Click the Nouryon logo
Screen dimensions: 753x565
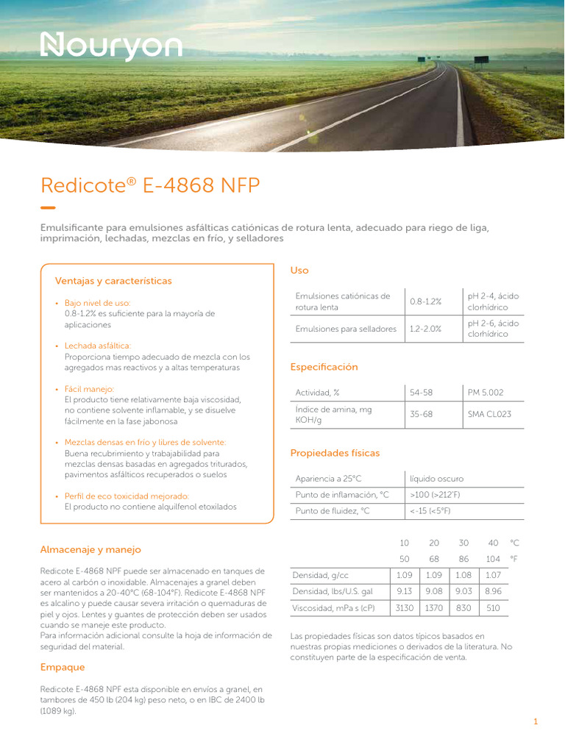click(x=110, y=46)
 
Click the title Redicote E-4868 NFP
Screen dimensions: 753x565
click(x=150, y=185)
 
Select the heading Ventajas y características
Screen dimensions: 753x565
click(x=113, y=281)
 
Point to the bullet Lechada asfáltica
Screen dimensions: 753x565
click(x=98, y=346)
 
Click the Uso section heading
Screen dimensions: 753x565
click(x=299, y=271)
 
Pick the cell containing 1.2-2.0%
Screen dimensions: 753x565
click(x=425, y=329)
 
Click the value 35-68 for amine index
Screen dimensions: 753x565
click(x=421, y=415)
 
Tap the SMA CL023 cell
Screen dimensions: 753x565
click(x=489, y=415)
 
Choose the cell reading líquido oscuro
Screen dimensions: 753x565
click(x=437, y=479)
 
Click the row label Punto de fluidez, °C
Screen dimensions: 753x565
click(x=332, y=510)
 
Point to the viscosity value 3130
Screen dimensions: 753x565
click(x=404, y=608)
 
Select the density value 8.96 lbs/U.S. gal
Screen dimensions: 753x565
click(x=493, y=591)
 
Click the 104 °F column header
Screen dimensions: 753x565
click(x=493, y=559)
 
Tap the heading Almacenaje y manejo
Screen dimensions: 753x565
click(x=90, y=549)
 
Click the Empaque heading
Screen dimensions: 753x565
click(x=63, y=667)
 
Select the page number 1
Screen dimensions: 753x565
click(x=536, y=722)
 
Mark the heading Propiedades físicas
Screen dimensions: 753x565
click(x=335, y=453)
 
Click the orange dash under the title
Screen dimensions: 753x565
click(x=48, y=207)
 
